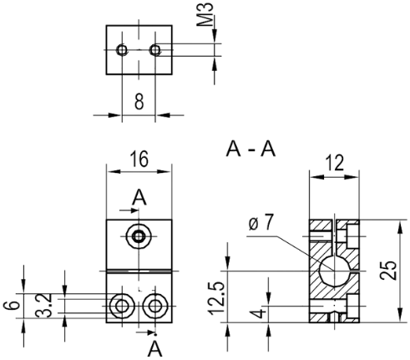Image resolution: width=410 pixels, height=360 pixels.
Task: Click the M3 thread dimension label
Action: click(205, 14)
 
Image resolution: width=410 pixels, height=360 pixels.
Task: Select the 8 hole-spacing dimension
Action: click(139, 101)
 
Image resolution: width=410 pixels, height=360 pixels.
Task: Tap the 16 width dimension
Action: click(139, 159)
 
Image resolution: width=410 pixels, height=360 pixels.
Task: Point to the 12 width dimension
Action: click(335, 163)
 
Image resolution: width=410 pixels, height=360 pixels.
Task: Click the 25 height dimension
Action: click(388, 271)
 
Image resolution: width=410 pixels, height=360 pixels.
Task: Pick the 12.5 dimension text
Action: click(216, 298)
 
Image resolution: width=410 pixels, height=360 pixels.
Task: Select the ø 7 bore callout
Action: click(261, 222)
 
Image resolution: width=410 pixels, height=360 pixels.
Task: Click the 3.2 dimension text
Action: click(44, 306)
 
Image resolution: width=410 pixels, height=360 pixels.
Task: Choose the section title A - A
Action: click(251, 149)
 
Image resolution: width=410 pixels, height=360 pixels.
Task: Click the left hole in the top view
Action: click(122, 50)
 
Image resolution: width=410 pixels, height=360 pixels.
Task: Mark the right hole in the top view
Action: click(155, 50)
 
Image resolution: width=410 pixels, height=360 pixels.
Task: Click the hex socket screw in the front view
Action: click(139, 236)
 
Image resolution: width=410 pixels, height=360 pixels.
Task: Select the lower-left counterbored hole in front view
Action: click(122, 306)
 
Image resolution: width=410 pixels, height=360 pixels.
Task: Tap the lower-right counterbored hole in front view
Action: click(155, 306)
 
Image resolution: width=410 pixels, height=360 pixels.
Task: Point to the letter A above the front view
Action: click(139, 197)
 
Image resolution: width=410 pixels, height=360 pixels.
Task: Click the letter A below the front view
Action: click(154, 349)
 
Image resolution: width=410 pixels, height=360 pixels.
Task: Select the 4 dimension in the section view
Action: click(259, 313)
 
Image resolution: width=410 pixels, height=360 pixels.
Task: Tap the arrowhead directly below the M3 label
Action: click(214, 36)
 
